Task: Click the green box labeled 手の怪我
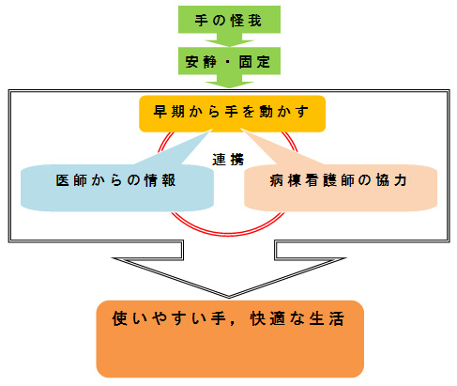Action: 229,20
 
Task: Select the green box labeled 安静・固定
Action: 229,61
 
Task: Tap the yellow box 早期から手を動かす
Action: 232,114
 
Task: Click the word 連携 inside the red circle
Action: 228,160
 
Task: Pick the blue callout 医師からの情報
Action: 117,187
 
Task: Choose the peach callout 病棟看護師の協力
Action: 341,187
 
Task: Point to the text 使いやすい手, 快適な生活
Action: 228,318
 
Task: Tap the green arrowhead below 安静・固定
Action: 229,82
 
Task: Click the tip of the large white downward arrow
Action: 229,298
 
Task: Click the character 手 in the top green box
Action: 202,21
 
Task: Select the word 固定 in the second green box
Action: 254,62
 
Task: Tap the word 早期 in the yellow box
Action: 169,112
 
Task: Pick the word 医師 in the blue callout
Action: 71,180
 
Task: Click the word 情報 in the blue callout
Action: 160,180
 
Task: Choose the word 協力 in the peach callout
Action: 391,180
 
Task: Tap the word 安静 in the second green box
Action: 201,62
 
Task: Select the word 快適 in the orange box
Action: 267,318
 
